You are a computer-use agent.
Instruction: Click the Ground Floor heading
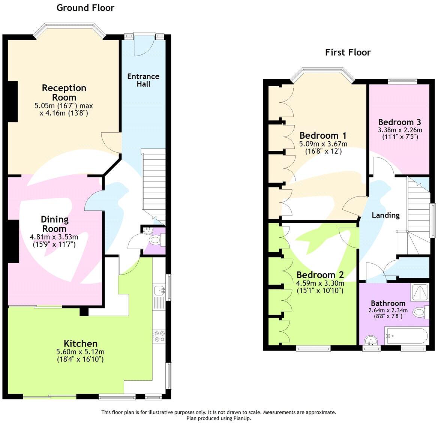pos(85,8)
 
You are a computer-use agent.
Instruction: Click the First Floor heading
pos(348,52)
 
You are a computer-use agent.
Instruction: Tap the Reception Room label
pos(64,93)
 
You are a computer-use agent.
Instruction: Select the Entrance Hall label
pos(143,80)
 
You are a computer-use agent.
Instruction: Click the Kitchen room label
pos(81,343)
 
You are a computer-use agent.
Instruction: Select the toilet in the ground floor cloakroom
pos(155,240)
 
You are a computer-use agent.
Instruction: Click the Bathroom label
pos(388,303)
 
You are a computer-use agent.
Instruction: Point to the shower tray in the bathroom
pos(420,292)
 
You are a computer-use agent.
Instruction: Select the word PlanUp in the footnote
pos(243,418)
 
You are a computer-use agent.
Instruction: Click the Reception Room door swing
pos(111,142)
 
